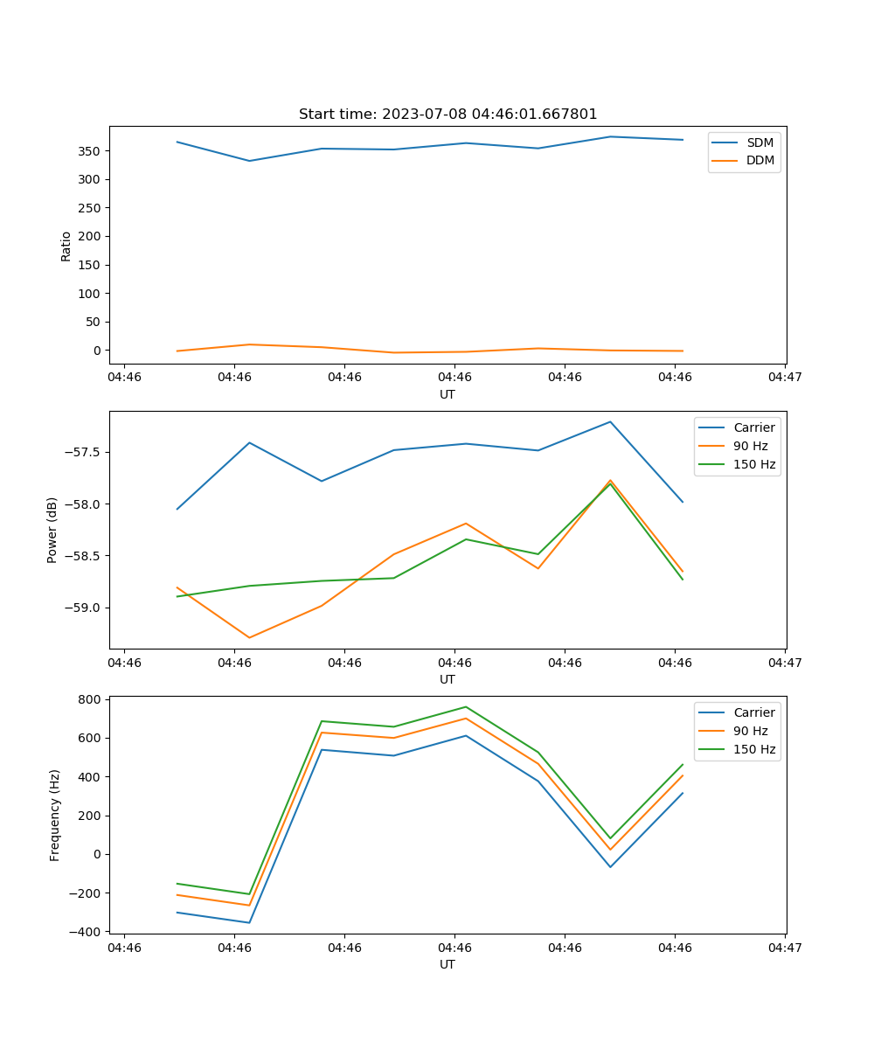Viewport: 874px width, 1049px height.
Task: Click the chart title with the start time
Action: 447,115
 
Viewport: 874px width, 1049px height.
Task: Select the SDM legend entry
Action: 760,142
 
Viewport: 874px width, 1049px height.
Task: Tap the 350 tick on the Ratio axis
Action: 90,151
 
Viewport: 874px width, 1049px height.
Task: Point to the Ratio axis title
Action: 66,246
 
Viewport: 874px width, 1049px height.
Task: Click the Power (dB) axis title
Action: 52,530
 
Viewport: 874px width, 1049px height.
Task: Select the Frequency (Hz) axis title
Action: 55,815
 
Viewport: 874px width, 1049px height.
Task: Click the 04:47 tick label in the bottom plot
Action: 785,947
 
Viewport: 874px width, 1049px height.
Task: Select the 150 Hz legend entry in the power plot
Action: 754,464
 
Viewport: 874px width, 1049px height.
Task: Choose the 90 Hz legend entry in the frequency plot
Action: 751,731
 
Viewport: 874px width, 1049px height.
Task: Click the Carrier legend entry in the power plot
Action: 754,427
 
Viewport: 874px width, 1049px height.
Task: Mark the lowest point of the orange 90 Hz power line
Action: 249,637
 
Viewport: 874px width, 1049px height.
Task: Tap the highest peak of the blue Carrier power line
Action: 610,421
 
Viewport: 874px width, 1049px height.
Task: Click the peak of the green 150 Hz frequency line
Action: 466,706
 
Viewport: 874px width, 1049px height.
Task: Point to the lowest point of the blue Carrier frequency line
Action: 249,922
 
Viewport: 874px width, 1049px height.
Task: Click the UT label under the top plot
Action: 447,394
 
